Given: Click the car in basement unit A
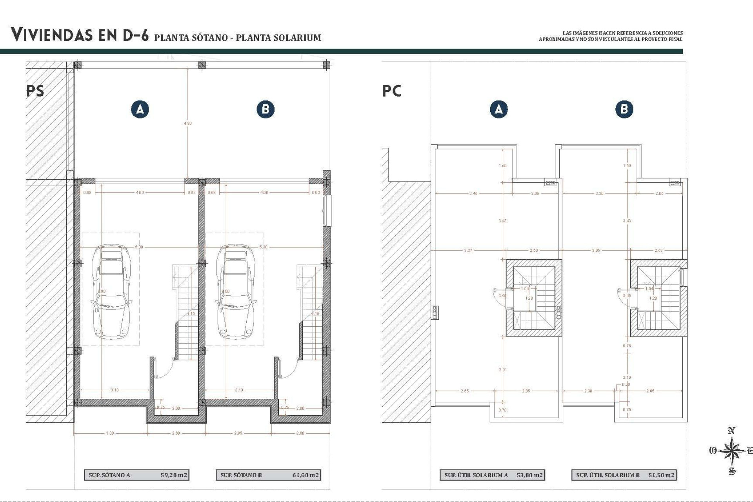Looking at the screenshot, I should point(111,292).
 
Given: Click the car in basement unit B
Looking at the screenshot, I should point(235,292).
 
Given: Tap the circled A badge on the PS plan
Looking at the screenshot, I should point(140,109).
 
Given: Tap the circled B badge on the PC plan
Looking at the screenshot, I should point(624,109).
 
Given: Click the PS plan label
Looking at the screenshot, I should point(35,91).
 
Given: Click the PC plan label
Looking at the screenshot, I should point(392,91).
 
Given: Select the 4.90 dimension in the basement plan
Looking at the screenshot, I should point(188,123).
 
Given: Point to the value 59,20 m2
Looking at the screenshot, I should point(174,475).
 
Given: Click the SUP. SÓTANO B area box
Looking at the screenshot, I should point(268,475).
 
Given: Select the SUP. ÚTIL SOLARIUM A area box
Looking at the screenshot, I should point(492,475).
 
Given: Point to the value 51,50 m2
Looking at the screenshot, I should point(661,475).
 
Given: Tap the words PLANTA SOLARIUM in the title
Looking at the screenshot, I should point(278,38).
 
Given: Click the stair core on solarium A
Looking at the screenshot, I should point(534,298).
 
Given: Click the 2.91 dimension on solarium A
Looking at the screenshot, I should point(503,369).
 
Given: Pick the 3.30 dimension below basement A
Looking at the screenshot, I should point(110,433).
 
